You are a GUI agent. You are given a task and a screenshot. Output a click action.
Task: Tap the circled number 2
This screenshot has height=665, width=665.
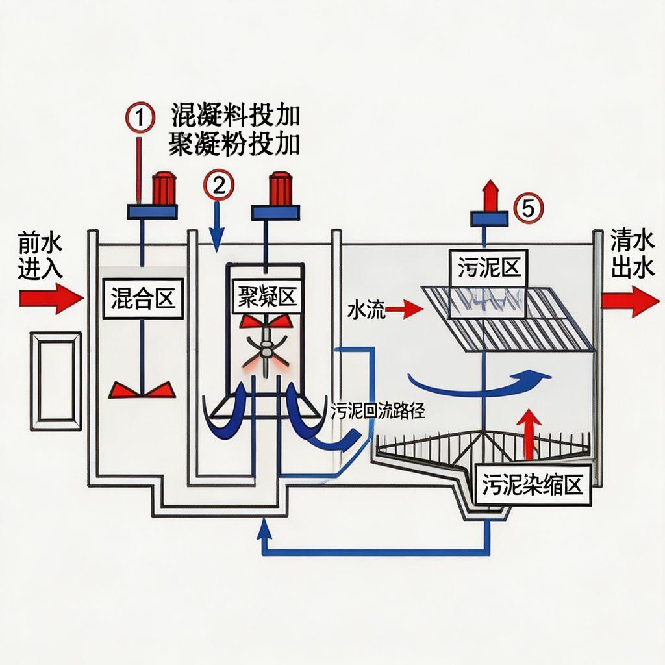point(218,186)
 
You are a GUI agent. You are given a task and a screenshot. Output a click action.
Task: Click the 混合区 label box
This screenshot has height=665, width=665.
point(140,298)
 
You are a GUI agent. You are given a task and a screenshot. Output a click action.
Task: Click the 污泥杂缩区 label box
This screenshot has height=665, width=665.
point(533,484)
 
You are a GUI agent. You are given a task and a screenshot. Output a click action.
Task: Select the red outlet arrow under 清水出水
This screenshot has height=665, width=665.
point(630,300)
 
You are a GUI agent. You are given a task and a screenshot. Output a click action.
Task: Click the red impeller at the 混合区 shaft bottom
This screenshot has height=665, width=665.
point(142,389)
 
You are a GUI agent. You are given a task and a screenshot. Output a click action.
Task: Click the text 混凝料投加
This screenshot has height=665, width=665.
point(235,116)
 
